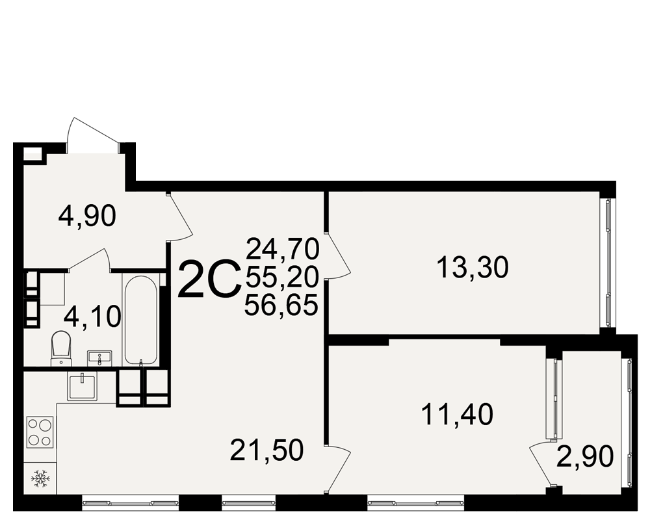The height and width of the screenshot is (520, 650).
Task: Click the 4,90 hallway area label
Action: tap(87, 216)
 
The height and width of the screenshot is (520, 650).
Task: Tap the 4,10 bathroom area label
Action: tap(92, 317)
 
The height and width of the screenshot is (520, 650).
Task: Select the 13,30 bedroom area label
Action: tap(473, 267)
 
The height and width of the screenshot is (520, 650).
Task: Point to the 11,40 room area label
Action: tap(457, 415)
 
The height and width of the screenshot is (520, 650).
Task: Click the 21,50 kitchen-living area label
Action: tap(267, 450)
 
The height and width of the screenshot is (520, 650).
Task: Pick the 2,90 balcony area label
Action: tap(584, 456)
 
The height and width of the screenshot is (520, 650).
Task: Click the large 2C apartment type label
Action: tap(209, 279)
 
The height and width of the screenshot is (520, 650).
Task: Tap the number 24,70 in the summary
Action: tap(283, 249)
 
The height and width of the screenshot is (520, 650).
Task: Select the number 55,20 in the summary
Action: tap(282, 277)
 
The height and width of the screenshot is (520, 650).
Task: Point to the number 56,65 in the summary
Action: tap(281, 305)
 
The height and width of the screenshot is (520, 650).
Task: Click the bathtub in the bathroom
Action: tap(140, 320)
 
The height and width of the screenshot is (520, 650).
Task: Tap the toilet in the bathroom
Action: tap(61, 348)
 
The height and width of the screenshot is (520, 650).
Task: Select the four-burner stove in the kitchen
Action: tap(40, 432)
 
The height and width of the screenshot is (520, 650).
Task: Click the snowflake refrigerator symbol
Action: tap(40, 478)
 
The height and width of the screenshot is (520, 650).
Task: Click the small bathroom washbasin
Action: tap(99, 358)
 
